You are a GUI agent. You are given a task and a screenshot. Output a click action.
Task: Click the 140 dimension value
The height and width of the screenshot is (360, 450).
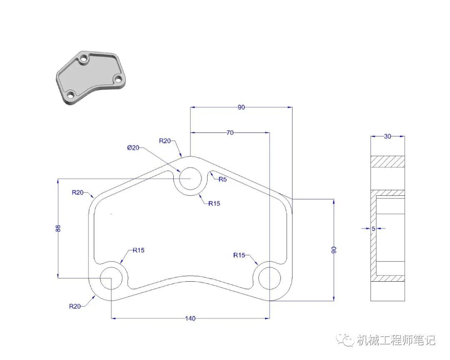pos(190,318)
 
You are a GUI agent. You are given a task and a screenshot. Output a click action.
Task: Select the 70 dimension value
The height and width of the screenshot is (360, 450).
pos(230,132)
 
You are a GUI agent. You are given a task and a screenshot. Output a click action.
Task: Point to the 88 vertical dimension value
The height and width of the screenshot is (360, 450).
pos(58,228)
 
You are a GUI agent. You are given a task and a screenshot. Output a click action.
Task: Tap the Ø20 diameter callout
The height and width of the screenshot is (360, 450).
pos(133,148)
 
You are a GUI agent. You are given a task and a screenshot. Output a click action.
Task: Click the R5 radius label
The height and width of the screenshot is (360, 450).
pos(222,180)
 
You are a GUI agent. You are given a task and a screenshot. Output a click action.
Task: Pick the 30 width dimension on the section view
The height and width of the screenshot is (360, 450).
pos(387,136)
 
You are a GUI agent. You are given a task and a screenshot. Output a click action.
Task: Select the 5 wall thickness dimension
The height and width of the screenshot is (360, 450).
pos(373,229)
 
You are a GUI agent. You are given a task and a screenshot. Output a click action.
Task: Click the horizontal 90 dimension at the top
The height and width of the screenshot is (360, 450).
pos(241,107)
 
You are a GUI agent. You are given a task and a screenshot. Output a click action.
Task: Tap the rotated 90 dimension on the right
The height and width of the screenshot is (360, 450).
pos(334,250)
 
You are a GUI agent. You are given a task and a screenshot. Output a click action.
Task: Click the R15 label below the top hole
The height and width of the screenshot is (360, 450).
pos(215,203)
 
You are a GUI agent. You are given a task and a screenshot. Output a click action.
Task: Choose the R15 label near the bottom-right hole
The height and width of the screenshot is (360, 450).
pos(239,255)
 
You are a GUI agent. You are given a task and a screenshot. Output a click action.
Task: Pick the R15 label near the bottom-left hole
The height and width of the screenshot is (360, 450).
pos(139,250)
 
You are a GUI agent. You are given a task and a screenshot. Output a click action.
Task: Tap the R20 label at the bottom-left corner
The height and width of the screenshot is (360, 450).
pos(75,307)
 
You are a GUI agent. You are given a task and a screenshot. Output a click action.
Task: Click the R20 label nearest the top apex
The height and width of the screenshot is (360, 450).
pos(165,141)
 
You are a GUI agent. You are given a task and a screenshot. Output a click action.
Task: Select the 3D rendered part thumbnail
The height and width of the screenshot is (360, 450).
pos(91,78)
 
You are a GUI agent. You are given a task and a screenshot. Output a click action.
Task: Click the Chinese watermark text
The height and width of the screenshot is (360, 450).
pos(396,340)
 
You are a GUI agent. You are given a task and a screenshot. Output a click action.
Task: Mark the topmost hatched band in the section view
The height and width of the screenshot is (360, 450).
pos(387,161)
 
